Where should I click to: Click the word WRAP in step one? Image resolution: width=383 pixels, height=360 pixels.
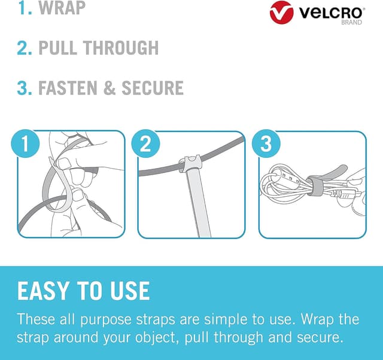pos(62,9)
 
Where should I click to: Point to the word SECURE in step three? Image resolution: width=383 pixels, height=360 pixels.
pos(153,89)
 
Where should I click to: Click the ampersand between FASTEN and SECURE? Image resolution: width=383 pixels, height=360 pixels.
pos(110,89)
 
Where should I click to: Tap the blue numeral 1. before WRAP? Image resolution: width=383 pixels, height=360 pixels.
pos(25,9)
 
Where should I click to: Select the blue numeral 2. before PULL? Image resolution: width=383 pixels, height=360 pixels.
pos(25,48)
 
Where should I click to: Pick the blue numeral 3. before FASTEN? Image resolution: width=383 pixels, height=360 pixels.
pos(25,89)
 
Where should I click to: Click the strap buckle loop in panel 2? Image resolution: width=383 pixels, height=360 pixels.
pos(190,163)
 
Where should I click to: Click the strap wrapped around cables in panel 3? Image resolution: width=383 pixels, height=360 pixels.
pos(317,186)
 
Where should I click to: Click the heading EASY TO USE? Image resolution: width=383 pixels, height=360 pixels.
pos(83,291)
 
